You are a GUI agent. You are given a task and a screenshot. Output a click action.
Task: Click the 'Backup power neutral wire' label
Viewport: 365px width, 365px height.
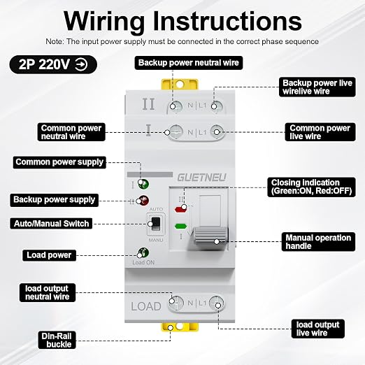(189, 63)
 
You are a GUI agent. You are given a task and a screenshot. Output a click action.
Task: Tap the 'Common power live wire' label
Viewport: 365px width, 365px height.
(320, 132)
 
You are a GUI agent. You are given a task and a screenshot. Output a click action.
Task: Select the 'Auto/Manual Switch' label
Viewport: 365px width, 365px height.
(51, 224)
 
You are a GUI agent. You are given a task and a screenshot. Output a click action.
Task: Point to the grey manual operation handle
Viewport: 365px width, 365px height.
(210, 238)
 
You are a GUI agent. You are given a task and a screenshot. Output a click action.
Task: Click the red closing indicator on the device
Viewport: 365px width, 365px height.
(180, 209)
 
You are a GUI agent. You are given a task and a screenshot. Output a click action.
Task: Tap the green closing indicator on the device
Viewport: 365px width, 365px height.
(180, 226)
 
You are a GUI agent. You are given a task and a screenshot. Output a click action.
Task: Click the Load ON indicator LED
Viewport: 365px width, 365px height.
(143, 252)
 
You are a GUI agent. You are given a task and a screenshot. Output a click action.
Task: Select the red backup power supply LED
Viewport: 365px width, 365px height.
(143, 201)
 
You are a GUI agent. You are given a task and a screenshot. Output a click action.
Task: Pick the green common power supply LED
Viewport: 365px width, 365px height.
(143, 184)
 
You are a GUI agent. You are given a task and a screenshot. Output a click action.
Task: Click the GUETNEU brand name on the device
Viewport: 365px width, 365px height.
(201, 178)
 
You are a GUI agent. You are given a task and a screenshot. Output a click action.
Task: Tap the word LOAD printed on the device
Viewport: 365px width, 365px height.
(146, 306)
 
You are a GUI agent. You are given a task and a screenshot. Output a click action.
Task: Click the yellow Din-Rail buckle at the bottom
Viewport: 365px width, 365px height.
(180, 327)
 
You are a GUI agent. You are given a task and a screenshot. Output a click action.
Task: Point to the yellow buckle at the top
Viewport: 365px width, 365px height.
(180, 85)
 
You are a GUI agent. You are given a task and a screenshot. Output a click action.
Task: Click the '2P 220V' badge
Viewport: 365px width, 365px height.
(53, 64)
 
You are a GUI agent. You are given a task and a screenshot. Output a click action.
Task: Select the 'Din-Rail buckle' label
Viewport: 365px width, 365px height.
(57, 340)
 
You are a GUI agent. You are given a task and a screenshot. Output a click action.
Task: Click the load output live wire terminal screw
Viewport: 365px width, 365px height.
(216, 303)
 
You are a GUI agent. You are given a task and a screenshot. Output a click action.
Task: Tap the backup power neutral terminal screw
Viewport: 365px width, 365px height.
(176, 107)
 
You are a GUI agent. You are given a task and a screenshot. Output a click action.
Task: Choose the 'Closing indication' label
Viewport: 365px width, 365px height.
(311, 187)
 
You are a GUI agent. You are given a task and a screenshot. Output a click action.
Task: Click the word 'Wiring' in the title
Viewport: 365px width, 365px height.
(104, 22)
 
